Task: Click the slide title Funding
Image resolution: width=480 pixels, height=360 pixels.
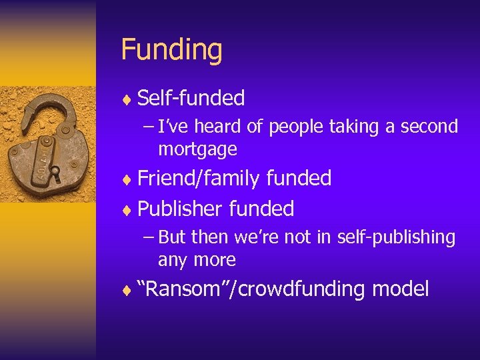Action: tap(171, 50)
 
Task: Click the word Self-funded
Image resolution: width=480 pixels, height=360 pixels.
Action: tap(191, 99)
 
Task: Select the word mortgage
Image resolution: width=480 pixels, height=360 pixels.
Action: tap(197, 149)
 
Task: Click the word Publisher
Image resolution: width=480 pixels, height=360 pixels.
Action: tap(180, 209)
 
